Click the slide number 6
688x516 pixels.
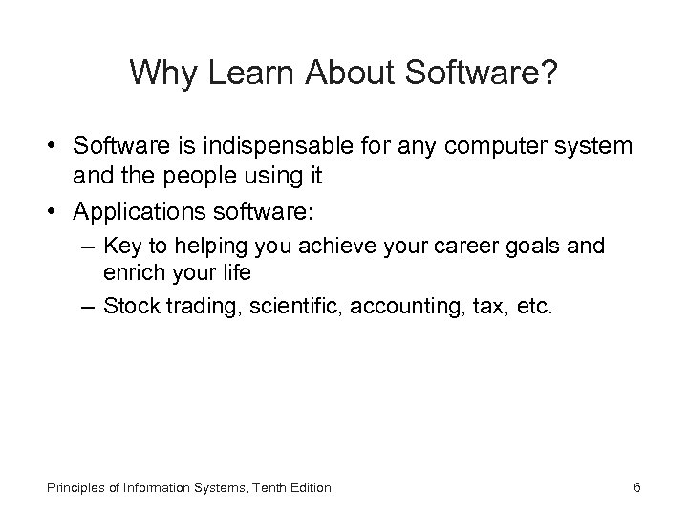[636, 487]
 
